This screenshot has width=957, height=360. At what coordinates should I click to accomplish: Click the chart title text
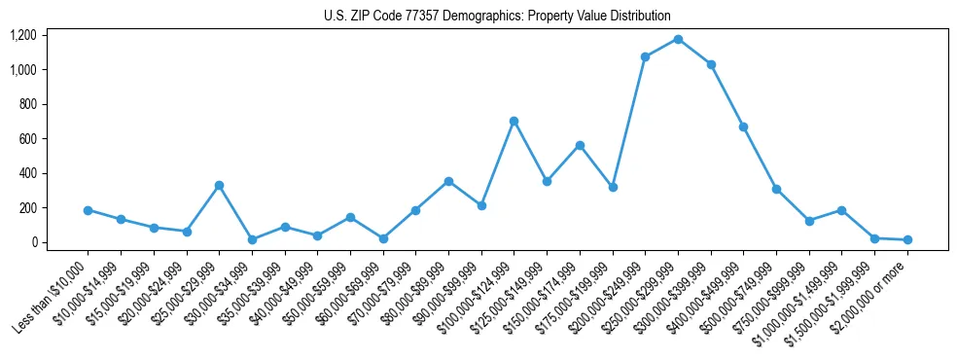point(497,16)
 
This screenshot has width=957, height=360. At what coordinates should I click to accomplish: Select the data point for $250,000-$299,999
point(678,39)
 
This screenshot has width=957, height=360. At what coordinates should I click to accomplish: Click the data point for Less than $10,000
point(88,210)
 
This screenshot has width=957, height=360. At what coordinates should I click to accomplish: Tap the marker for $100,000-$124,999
point(514,121)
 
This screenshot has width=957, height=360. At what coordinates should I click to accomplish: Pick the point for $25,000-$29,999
point(219,185)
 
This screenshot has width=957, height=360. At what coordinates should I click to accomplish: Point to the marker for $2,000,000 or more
point(907,239)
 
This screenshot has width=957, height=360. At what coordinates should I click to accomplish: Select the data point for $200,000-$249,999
point(645,56)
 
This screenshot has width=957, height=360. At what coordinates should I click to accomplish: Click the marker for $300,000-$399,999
point(711,64)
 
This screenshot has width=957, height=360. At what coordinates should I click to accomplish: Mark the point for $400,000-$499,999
point(743,126)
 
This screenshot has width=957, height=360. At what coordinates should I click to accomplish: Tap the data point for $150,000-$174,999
point(580,145)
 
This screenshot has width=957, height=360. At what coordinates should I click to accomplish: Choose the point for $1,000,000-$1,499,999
point(841,210)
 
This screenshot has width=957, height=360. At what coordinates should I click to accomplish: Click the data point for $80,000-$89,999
point(448,181)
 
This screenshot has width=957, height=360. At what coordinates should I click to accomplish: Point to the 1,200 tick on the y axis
point(23,35)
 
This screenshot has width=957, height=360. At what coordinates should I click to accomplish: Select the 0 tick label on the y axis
point(33,242)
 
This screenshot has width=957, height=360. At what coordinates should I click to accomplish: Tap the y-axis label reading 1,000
point(23,70)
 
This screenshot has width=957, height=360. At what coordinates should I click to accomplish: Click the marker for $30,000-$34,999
point(252,239)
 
